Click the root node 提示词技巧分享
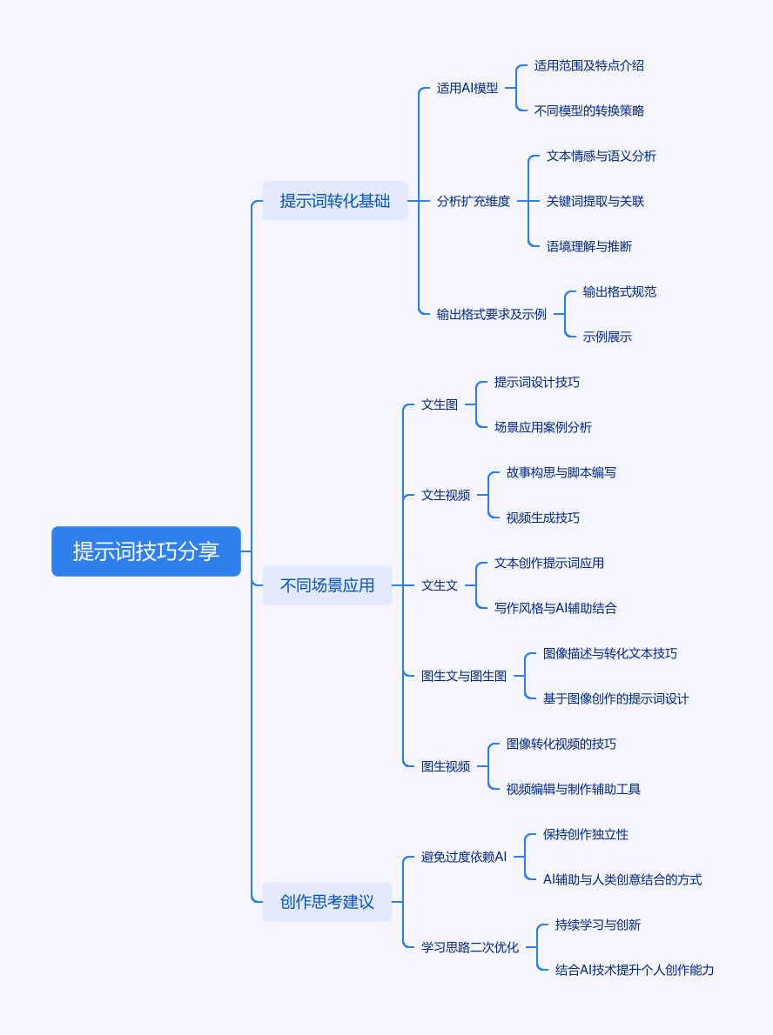pyautogui.click(x=146, y=551)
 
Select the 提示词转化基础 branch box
pyautogui.click(x=335, y=201)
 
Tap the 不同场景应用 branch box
pyautogui.click(x=327, y=585)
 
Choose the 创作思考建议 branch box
pyautogui.click(x=327, y=902)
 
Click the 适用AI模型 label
pyautogui.click(x=467, y=88)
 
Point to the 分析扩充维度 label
pyautogui.click(x=474, y=201)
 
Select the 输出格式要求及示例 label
pyautogui.click(x=492, y=314)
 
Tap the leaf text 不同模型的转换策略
pyautogui.click(x=589, y=110)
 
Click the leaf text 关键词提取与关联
pyautogui.click(x=595, y=201)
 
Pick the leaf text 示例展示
pyautogui.click(x=608, y=337)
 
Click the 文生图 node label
pyautogui.click(x=440, y=404)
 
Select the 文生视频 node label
pyautogui.click(x=446, y=495)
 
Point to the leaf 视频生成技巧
pyautogui.click(x=543, y=517)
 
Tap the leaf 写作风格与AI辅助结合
pyautogui.click(x=555, y=608)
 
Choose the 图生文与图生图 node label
pyautogui.click(x=464, y=676)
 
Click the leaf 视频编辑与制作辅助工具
pyautogui.click(x=574, y=789)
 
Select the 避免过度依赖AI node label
pyautogui.click(x=464, y=857)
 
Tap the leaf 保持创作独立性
pyautogui.click(x=586, y=834)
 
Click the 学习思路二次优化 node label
pyautogui.click(x=470, y=947)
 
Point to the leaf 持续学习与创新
pyautogui.click(x=598, y=925)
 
